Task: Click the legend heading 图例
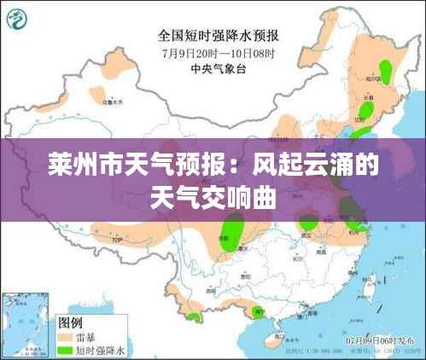(69, 322)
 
